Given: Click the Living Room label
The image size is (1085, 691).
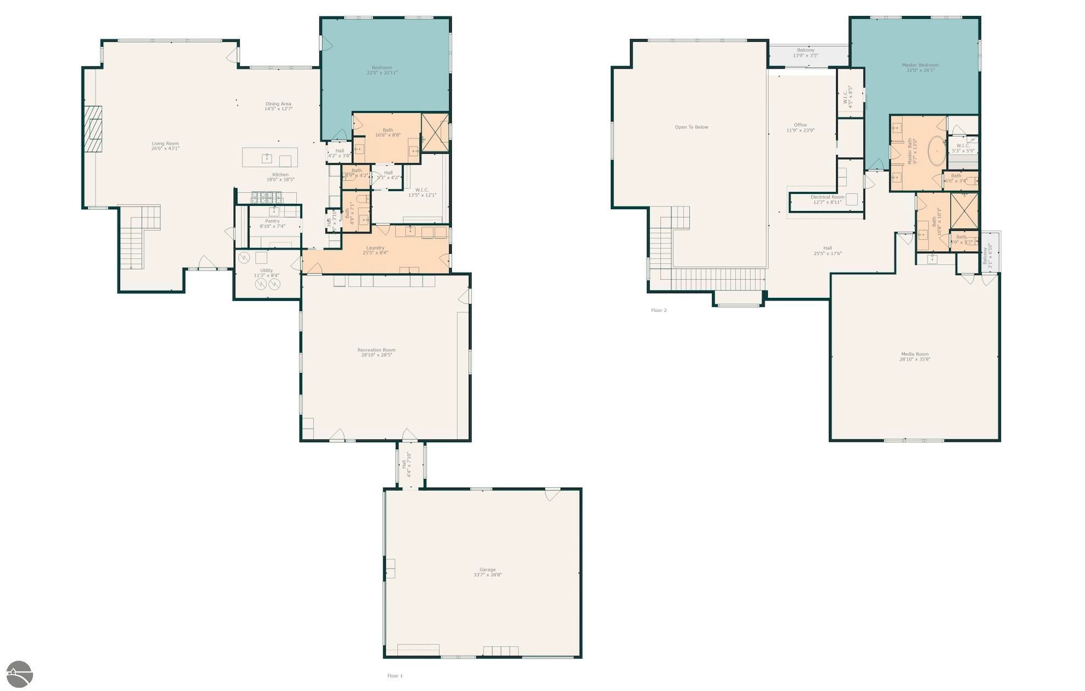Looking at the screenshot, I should (165, 144).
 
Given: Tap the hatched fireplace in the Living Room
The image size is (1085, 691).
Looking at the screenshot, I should (93, 128).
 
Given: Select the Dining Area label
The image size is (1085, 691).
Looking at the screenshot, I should (278, 104).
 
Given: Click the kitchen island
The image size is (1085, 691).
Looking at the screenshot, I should (270, 157).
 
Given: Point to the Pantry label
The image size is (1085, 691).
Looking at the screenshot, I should (272, 221).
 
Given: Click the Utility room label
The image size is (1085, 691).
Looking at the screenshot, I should (267, 271).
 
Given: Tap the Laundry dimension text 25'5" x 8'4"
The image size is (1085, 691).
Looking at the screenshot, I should (375, 253).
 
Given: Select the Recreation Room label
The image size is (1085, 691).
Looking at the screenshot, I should (377, 350).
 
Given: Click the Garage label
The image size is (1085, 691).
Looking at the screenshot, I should (488, 570).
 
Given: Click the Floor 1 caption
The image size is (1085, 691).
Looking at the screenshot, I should (395, 676).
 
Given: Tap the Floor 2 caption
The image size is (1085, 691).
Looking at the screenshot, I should (658, 310).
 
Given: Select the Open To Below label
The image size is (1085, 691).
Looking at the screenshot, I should (691, 127).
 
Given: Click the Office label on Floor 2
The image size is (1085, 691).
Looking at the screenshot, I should (800, 125).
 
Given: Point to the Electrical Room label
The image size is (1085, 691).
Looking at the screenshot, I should (827, 197).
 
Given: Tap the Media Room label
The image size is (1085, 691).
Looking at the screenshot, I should (915, 354).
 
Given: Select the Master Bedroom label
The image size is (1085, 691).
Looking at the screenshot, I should (920, 65).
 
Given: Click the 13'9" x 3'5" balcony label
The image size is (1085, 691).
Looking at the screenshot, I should (805, 55).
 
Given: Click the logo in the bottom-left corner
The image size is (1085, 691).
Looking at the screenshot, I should (19, 674).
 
